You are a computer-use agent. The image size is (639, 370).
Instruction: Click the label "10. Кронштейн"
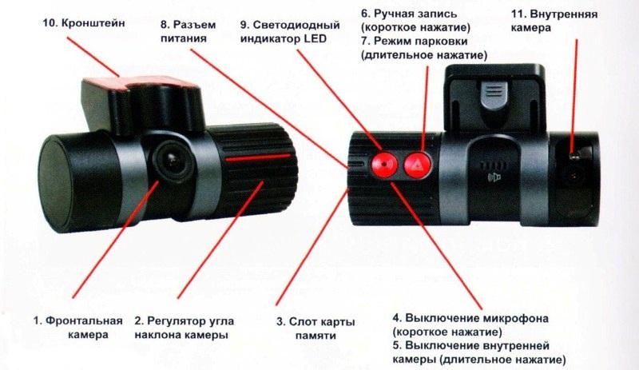point(84,23)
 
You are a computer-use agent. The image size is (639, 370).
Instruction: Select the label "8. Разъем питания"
point(188,31)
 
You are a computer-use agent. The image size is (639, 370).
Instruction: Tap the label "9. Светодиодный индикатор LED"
point(290,32)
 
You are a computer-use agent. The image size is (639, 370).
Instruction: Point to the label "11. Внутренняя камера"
point(554,21)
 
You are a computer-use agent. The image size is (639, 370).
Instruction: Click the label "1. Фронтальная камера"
point(77,328)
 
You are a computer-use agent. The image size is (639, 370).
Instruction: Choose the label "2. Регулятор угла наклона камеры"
point(185,328)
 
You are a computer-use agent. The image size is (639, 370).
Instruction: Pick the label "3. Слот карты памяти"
point(316,328)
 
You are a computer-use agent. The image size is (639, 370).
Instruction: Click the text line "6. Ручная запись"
point(409,14)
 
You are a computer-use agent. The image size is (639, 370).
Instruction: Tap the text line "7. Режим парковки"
point(415,42)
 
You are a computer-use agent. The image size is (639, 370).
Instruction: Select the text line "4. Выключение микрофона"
point(470,318)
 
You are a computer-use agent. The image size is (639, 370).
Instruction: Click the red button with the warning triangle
point(418,165)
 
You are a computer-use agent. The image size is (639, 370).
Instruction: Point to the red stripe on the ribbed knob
point(258,157)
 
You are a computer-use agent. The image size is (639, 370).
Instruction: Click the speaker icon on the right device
point(494,177)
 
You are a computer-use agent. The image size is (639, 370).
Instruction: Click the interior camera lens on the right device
point(574,177)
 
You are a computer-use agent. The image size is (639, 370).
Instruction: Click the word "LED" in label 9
point(315,39)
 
